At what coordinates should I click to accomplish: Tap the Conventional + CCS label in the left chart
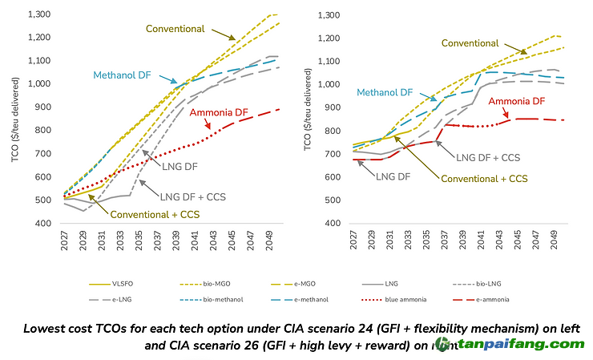[x=155, y=214]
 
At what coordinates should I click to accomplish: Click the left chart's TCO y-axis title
[x=16, y=120]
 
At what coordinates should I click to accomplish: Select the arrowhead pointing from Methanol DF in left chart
[x=175, y=81]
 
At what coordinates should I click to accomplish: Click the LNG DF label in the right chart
[x=394, y=176]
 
